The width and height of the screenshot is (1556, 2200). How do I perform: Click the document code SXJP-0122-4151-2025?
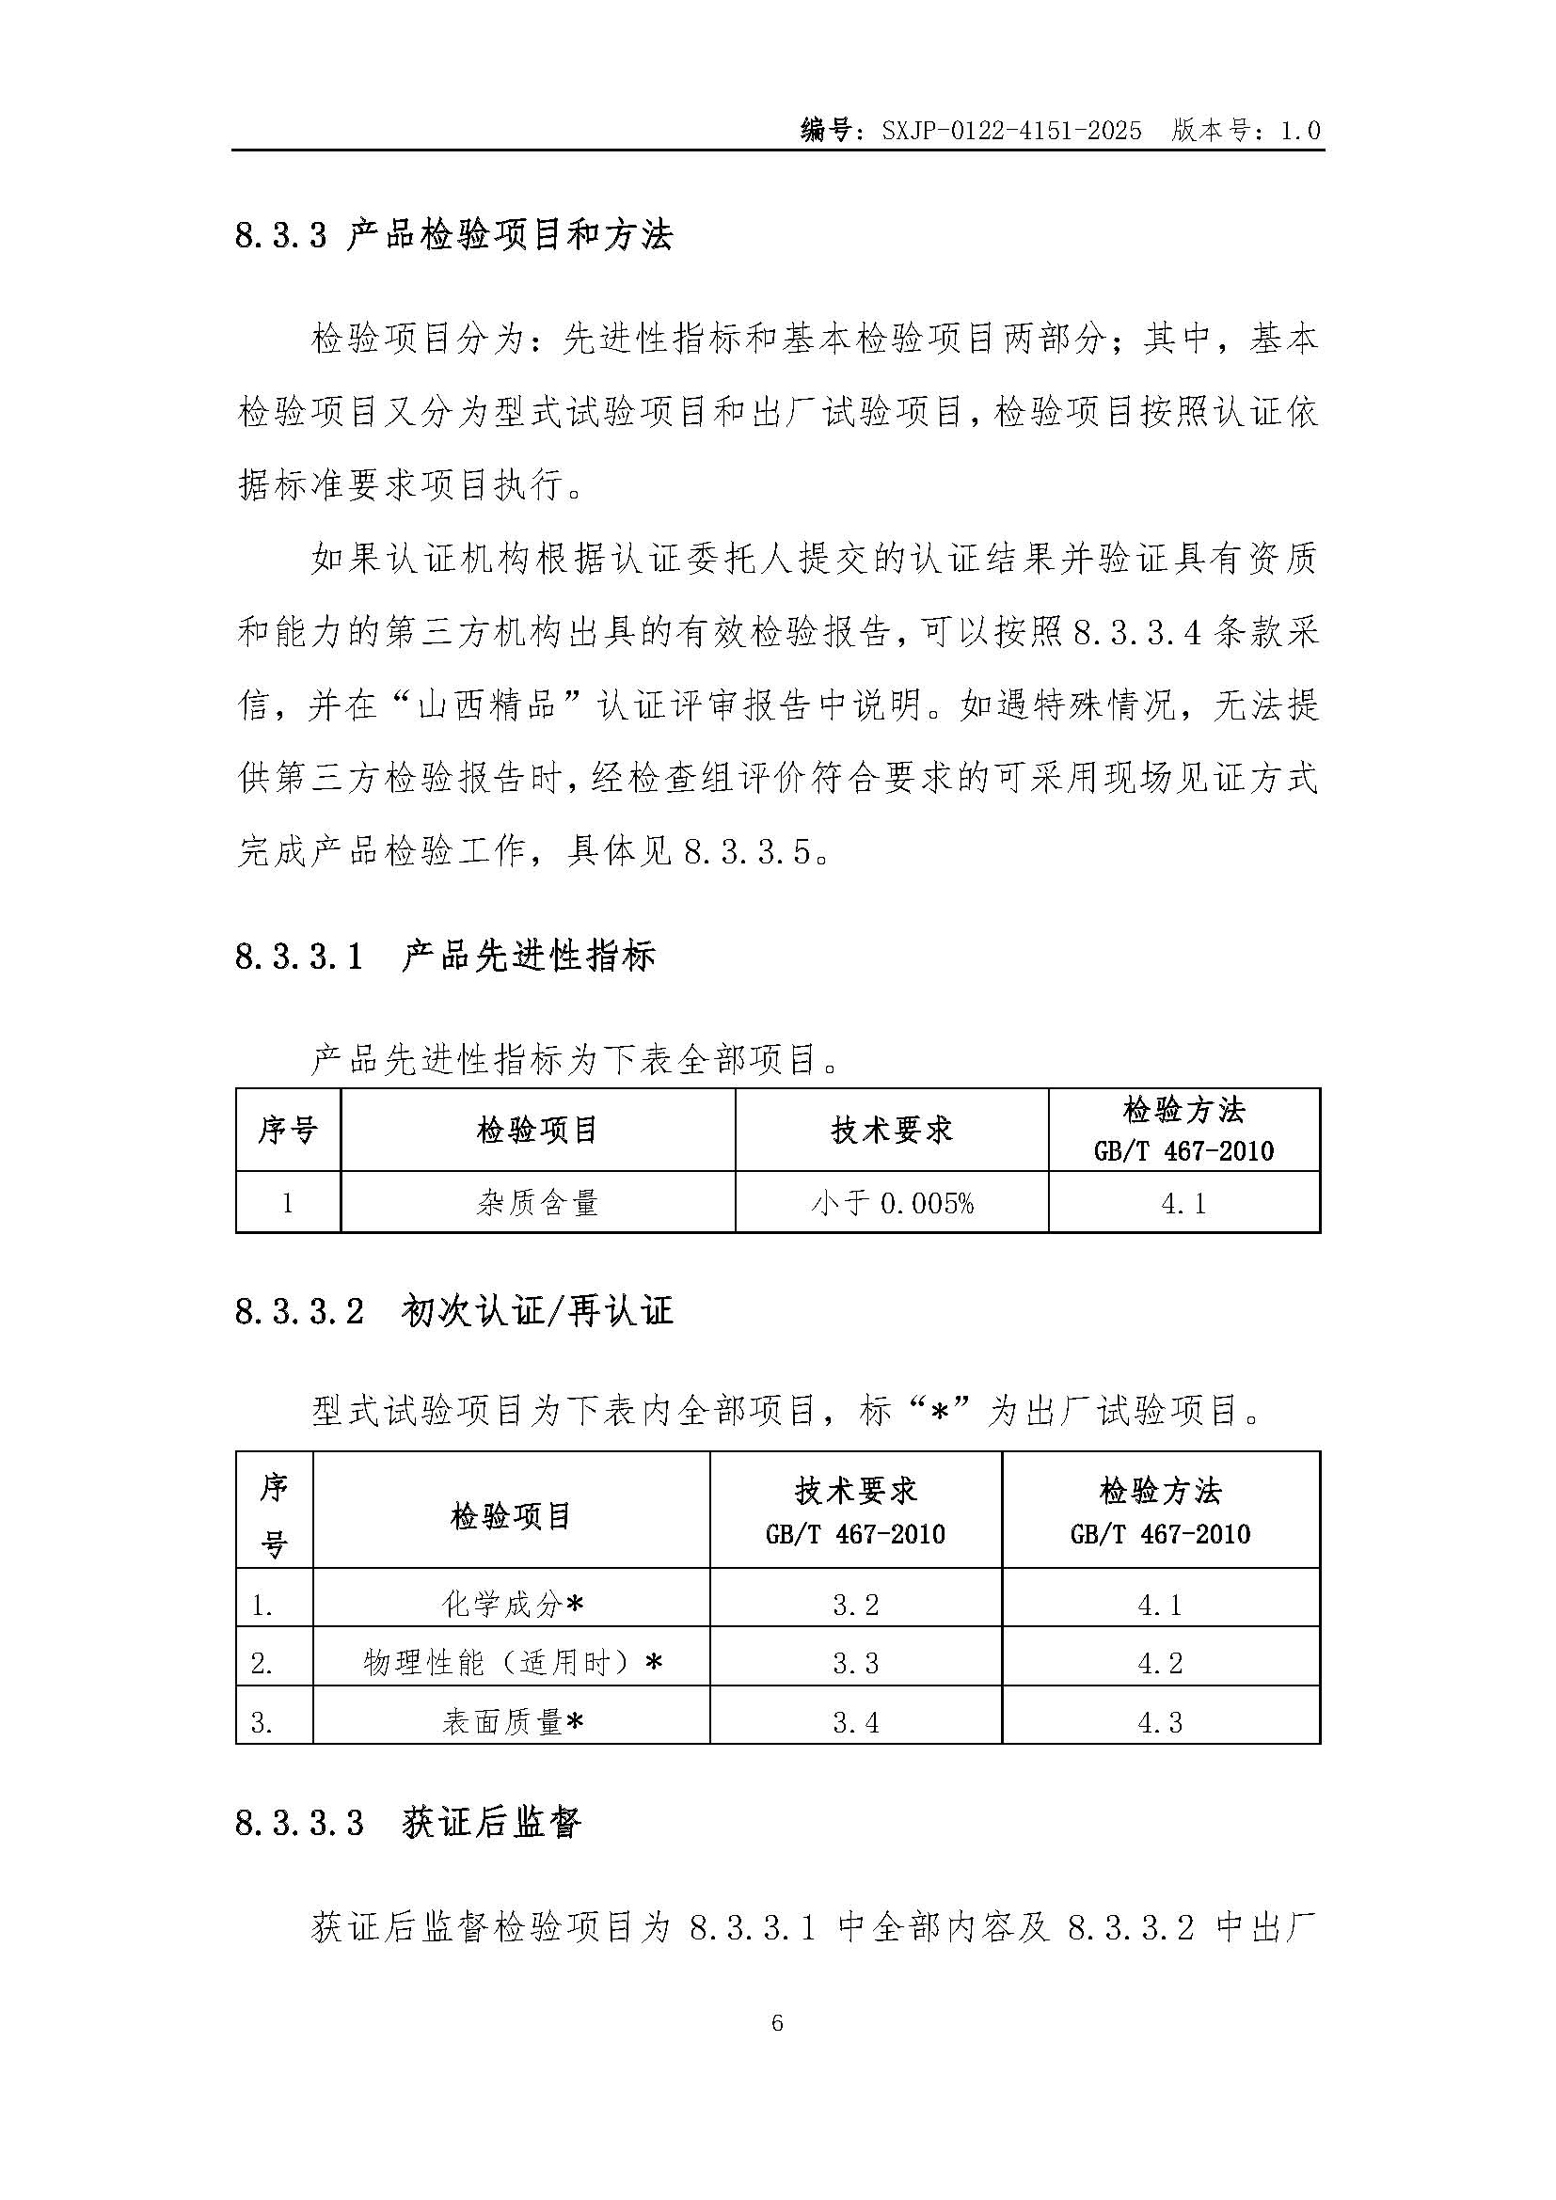[1012, 131]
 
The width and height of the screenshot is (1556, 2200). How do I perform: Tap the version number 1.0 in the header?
[1300, 131]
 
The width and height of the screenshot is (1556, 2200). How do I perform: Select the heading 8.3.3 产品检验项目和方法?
[454, 235]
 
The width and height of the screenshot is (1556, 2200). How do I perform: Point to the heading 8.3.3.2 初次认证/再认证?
[454, 1311]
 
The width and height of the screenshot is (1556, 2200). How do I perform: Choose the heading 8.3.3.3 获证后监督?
[408, 1822]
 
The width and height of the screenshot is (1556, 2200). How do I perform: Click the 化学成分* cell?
[512, 1604]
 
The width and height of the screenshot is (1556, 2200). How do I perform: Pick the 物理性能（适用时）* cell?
[512, 1662]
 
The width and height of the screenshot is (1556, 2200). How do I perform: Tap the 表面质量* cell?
[512, 1722]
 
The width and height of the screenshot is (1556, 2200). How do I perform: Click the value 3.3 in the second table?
[855, 1662]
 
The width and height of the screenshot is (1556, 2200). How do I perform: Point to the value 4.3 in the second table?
[1160, 1722]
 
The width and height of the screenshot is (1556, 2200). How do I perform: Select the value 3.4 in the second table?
[855, 1722]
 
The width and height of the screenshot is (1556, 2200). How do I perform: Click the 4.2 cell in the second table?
[1160, 1662]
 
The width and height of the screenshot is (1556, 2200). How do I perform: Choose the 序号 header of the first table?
[288, 1130]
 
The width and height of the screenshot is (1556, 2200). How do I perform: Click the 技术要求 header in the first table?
[892, 1130]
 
